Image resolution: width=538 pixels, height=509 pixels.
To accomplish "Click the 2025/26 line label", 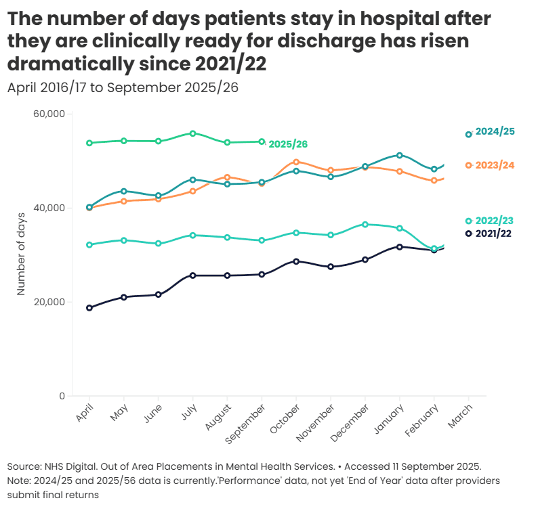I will pyautogui.click(x=288, y=144).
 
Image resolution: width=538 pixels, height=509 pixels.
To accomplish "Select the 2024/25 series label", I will pyautogui.click(x=495, y=131).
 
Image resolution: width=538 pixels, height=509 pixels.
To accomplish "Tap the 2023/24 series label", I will pyautogui.click(x=495, y=165).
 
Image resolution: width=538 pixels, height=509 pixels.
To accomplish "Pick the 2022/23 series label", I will pyautogui.click(x=495, y=221).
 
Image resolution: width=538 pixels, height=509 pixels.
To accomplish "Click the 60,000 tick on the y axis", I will pyautogui.click(x=48, y=114).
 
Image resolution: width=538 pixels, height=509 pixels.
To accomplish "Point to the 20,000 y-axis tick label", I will pyautogui.click(x=48, y=302).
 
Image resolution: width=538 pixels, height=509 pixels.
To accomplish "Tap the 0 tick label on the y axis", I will pyautogui.click(x=62, y=396).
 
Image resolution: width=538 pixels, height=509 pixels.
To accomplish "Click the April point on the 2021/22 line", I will pyautogui.click(x=89, y=308).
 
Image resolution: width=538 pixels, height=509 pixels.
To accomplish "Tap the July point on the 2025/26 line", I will pyautogui.click(x=193, y=133).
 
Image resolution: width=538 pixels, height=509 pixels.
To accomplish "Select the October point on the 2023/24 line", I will pyautogui.click(x=296, y=162).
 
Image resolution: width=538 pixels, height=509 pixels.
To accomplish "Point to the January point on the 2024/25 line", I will pyautogui.click(x=400, y=156).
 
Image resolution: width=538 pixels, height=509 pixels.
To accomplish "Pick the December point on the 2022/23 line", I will pyautogui.click(x=365, y=224).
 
